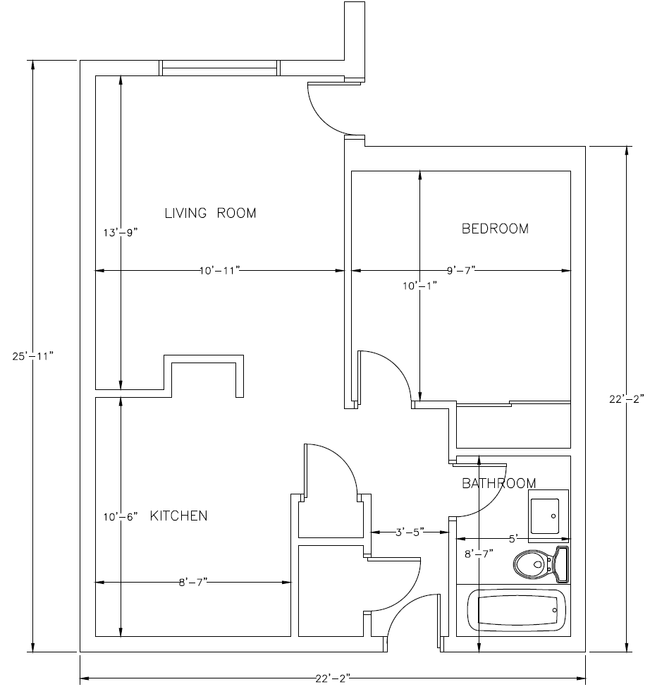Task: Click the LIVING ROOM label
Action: tap(210, 213)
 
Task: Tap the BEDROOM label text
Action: tap(495, 229)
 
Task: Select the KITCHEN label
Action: tap(179, 516)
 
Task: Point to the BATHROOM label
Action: tap(498, 483)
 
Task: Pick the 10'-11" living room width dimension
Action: tap(219, 270)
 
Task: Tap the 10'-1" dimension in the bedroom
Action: tap(420, 286)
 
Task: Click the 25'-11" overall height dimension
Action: tap(32, 355)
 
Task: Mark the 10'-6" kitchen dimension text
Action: tap(121, 516)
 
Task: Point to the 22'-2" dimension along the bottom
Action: tap(333, 679)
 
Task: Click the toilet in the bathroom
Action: tap(540, 563)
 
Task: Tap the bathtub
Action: tap(517, 610)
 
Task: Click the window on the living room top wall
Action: tap(219, 68)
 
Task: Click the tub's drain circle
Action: tap(556, 609)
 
